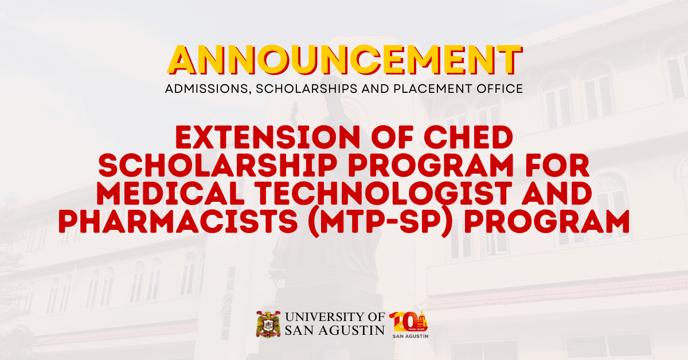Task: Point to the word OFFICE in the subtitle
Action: pos(499,89)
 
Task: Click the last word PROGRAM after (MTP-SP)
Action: pos(560,221)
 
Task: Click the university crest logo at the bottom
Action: pos(267,324)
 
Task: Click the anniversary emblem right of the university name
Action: pos(409,324)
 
